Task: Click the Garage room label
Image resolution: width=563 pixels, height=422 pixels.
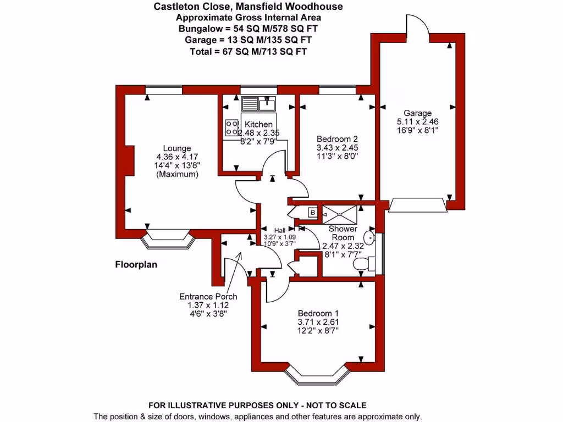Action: (x=418, y=113)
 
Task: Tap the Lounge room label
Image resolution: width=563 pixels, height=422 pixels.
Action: (x=177, y=148)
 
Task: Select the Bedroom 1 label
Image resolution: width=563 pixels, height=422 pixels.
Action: (x=318, y=313)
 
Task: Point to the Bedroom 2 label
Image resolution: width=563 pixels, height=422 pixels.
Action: (x=337, y=138)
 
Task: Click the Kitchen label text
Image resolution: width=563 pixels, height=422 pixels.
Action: (x=258, y=125)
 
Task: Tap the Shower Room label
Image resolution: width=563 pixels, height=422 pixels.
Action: (x=343, y=233)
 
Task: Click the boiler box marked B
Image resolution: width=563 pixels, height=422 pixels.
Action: (x=312, y=212)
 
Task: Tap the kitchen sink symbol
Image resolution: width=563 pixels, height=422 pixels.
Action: (x=258, y=102)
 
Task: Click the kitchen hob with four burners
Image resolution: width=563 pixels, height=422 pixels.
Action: (x=231, y=128)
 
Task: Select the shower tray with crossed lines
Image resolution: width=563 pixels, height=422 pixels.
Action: (x=339, y=212)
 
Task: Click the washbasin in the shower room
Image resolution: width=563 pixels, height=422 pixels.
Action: (x=372, y=239)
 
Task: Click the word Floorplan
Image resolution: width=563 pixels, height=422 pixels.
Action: (x=136, y=264)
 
